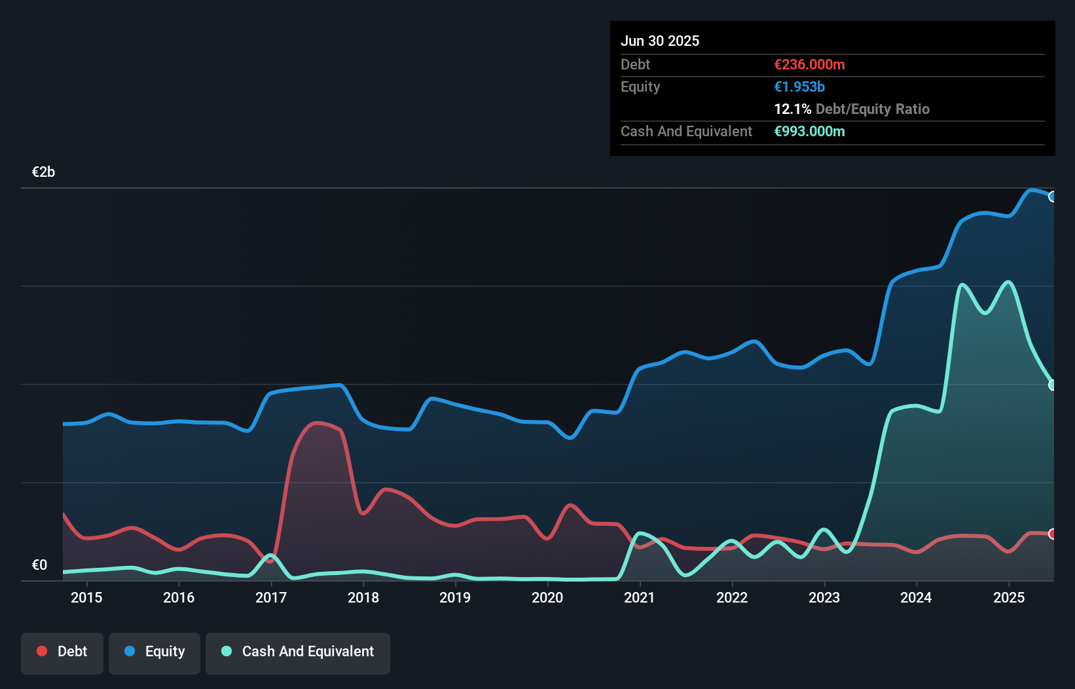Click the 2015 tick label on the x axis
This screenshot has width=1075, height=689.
[86, 597]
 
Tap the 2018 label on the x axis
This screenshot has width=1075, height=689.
[363, 597]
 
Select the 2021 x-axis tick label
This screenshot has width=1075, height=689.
[640, 597]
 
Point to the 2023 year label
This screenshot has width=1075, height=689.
[824, 597]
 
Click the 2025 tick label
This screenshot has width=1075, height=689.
[1009, 597]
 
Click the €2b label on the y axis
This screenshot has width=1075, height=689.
[43, 172]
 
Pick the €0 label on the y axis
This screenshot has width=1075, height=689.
[39, 565]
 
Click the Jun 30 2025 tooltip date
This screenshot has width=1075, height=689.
[660, 41]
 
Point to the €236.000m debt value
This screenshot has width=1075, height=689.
[809, 64]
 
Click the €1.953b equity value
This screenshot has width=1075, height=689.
[799, 86]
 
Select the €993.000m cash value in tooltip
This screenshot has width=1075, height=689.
[809, 131]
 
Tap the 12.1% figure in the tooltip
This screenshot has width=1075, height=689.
[792, 109]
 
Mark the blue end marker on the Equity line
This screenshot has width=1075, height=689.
[1052, 196]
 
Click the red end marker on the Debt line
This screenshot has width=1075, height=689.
[1052, 534]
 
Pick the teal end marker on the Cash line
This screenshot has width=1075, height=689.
[1052, 385]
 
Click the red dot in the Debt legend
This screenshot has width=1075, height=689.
[42, 651]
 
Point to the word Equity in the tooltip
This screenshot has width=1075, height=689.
[640, 86]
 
